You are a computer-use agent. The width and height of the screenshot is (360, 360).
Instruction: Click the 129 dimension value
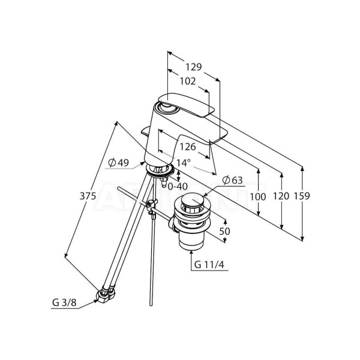click(193, 67)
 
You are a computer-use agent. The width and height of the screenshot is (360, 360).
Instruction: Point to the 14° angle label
click(182, 163)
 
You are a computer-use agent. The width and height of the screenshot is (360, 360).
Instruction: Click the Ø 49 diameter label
click(119, 162)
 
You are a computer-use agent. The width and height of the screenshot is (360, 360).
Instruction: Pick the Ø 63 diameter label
click(233, 180)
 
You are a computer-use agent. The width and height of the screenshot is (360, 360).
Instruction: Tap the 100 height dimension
click(259, 196)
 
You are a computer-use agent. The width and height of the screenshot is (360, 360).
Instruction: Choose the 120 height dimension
click(281, 196)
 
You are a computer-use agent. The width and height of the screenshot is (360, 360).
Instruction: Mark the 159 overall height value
click(304, 196)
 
